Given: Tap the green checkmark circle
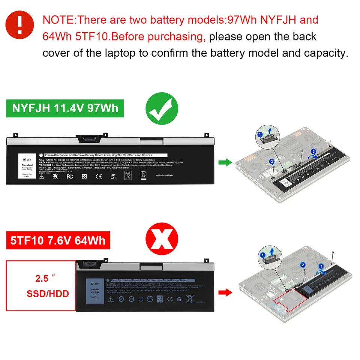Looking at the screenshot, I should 162,109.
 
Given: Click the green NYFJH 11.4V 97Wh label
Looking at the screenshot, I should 65,108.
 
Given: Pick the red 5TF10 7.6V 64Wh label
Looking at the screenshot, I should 58,240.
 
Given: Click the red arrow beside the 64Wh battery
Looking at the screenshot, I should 225,292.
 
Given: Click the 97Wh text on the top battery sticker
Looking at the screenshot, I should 27,159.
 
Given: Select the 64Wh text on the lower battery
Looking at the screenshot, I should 94,284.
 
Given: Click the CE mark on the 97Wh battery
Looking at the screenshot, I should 98,176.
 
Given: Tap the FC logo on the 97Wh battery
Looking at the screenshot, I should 69,176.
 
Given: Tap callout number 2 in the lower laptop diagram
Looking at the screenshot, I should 303,265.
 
